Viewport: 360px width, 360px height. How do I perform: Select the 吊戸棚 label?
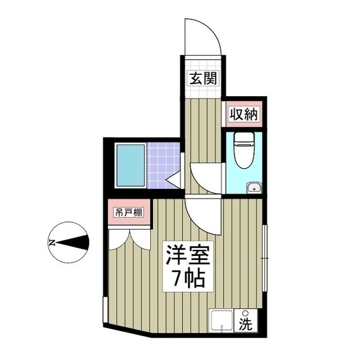point(129,213)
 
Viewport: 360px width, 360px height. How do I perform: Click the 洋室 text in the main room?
point(188,256)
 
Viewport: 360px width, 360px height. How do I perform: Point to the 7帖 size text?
point(188,278)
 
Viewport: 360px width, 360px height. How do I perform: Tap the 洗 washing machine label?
point(246,324)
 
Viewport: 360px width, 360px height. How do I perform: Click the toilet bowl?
point(244,152)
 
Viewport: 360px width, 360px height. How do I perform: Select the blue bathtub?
point(130,165)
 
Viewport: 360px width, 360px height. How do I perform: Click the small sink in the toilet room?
point(254,187)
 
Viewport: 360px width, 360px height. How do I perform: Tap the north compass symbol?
point(69,243)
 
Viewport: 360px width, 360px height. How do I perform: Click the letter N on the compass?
point(51,243)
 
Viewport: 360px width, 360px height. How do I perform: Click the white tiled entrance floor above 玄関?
point(202,63)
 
